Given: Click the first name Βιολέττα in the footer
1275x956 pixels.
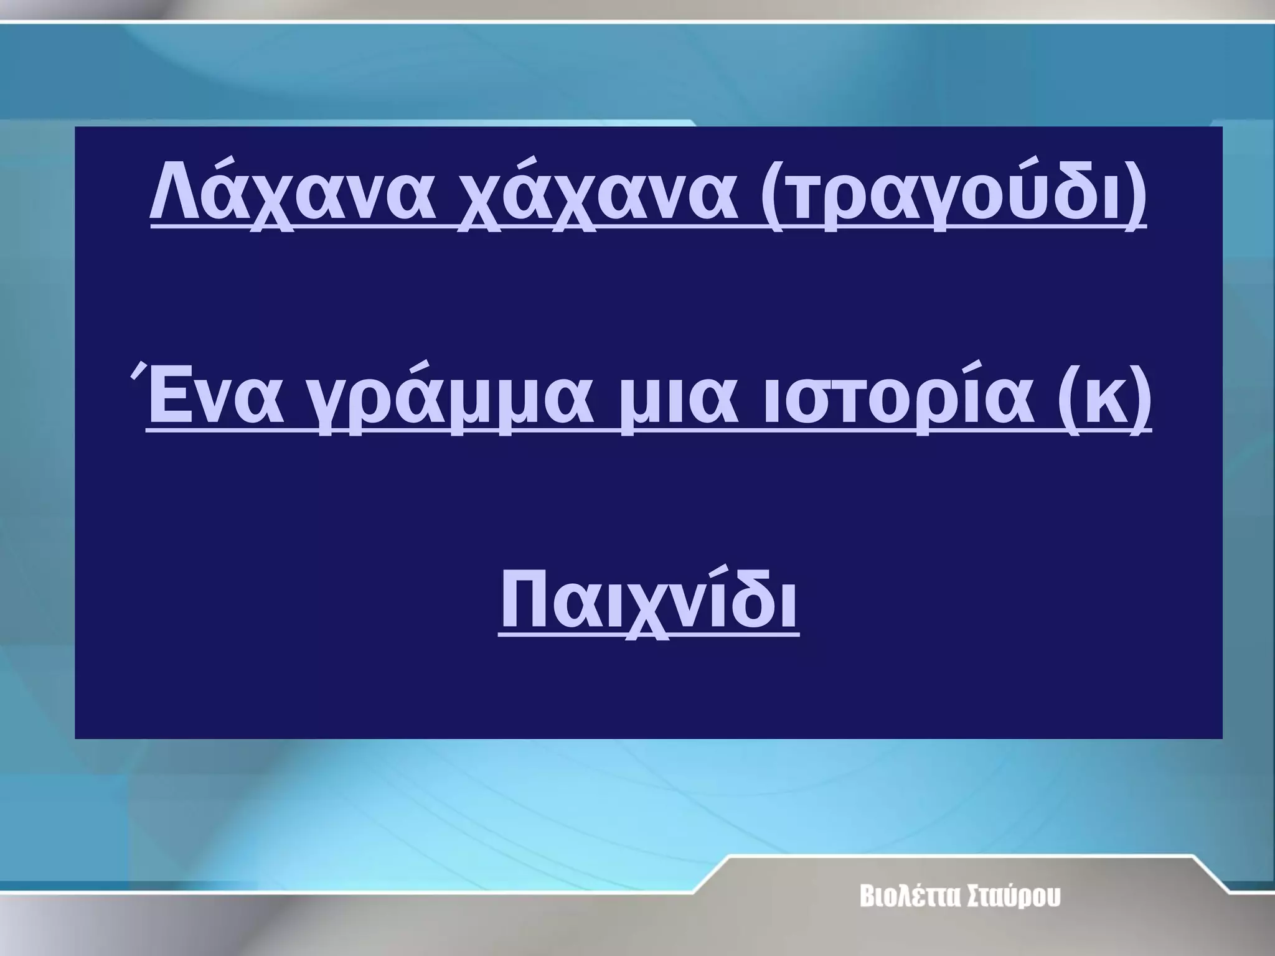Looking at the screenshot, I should point(902,897).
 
